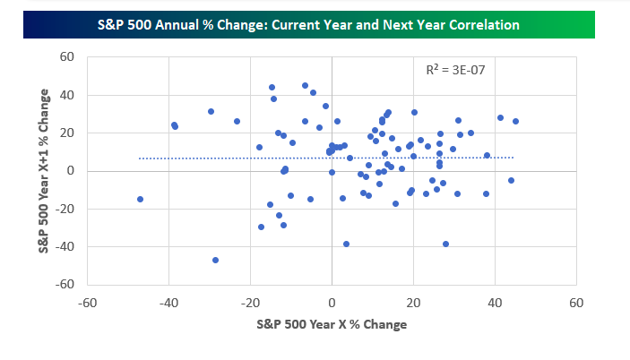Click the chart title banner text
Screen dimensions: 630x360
[x=308, y=25]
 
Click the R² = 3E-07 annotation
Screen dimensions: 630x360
[x=455, y=70]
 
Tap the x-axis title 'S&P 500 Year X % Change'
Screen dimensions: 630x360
[x=332, y=324]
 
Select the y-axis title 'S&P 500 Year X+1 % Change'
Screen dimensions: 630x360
[x=43, y=171]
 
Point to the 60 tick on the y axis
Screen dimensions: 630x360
[x=67, y=57]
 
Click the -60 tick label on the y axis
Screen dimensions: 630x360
[x=65, y=284]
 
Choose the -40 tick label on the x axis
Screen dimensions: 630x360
[x=168, y=303]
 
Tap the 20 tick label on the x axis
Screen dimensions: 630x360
[x=413, y=303]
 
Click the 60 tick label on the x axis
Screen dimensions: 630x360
[x=576, y=303]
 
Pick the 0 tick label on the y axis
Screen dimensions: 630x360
[x=71, y=171]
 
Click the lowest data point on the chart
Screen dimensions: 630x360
[x=215, y=260]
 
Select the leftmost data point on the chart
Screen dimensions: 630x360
[x=140, y=199]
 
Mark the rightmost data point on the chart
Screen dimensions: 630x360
[x=515, y=121]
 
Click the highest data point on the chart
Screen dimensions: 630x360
[x=305, y=85]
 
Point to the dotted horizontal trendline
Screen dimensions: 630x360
[x=326, y=159]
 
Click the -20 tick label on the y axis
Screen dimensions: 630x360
[x=65, y=209]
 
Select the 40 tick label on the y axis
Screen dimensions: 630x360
[x=67, y=95]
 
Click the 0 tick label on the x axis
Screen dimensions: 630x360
[x=332, y=303]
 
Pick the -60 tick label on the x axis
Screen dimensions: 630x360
[x=87, y=303]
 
